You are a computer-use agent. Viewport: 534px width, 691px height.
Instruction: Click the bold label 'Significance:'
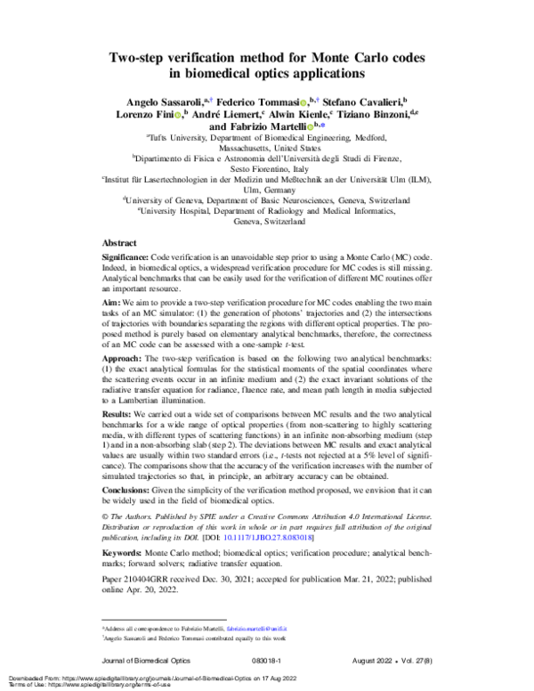(132, 255)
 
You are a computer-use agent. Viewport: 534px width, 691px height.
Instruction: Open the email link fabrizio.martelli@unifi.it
(264, 627)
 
